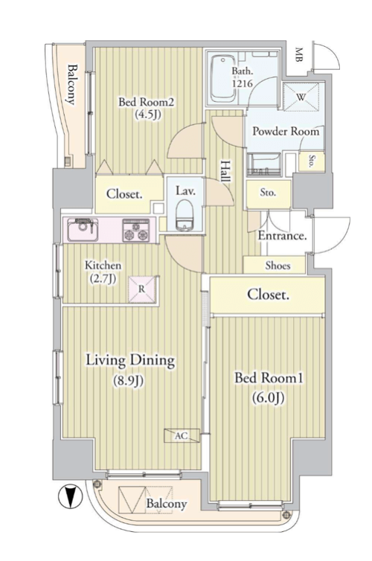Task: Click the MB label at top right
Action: (299, 55)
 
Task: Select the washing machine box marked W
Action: (301, 97)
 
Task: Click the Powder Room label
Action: (286, 131)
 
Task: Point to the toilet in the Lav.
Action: (185, 215)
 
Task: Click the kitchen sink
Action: (83, 229)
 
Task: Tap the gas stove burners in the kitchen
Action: (136, 231)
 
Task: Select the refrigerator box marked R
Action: (142, 289)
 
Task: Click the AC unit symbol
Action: (182, 436)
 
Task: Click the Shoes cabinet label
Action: (278, 266)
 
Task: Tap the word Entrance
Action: (282, 236)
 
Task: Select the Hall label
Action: (225, 171)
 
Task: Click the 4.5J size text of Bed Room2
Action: (147, 115)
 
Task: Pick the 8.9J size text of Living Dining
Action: (129, 381)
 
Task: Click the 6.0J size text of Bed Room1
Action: (268, 397)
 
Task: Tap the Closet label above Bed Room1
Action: (269, 295)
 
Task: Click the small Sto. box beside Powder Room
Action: (311, 161)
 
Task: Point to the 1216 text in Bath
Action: (243, 84)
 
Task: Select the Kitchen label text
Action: (103, 266)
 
